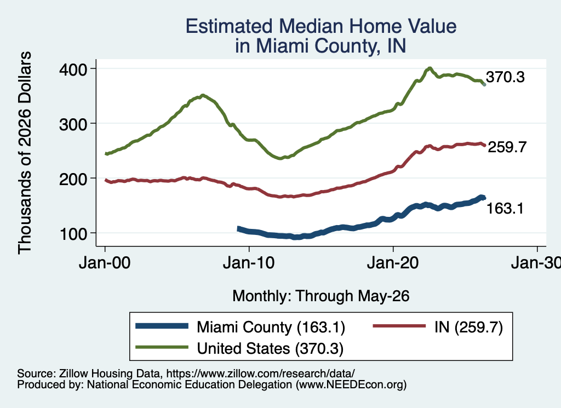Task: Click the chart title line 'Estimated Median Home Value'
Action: tap(321, 26)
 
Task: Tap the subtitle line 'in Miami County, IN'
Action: tap(320, 46)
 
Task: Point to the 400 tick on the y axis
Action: tap(73, 70)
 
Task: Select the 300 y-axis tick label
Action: tap(73, 124)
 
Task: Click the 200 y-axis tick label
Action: tap(73, 179)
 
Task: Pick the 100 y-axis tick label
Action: tap(73, 234)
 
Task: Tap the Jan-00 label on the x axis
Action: tap(105, 263)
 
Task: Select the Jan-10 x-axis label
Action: tap(249, 263)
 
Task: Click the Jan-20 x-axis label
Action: tap(393, 263)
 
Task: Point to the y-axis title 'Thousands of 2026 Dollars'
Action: tap(25, 153)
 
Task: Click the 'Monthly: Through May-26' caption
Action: tap(321, 296)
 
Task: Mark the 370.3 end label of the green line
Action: tap(505, 77)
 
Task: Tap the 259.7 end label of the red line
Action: tap(507, 147)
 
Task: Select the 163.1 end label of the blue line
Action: tap(505, 208)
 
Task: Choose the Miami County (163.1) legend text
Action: tap(271, 327)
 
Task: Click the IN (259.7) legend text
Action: tap(469, 327)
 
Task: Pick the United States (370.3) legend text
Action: tap(270, 349)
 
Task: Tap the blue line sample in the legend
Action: tap(162, 326)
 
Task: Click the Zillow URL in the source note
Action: tap(260, 373)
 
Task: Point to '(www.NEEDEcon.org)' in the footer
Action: tap(351, 385)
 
